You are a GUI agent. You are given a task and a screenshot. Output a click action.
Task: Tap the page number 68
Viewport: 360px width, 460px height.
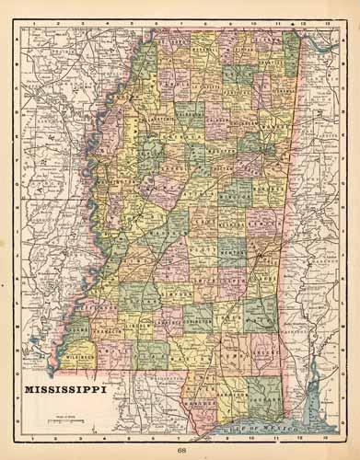tap(181, 448)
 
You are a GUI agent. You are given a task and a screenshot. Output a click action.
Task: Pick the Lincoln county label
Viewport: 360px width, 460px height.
tap(138, 324)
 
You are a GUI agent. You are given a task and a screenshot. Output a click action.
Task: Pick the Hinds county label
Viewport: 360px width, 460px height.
tap(146, 257)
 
